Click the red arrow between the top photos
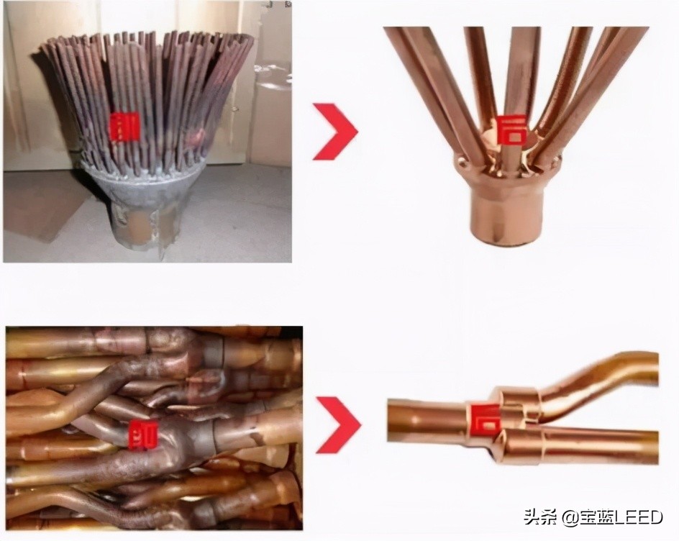coord(335,131)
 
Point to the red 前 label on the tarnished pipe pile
coord(140,435)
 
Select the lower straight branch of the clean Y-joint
coord(590,445)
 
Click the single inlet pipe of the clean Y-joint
coord(424,422)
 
